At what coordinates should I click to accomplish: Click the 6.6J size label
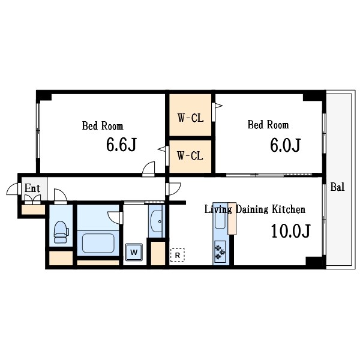click(x=121, y=145)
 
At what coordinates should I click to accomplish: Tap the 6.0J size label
click(x=285, y=145)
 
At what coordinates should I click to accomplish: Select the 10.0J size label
click(x=290, y=231)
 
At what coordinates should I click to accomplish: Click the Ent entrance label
click(x=32, y=188)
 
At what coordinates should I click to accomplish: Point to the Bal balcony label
click(x=337, y=187)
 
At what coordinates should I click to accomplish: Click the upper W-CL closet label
click(x=190, y=118)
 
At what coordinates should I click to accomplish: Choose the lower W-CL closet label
click(x=190, y=155)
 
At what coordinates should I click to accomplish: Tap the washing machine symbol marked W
click(x=134, y=252)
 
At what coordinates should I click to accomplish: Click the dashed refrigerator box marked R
click(x=177, y=255)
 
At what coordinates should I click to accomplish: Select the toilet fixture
click(x=61, y=232)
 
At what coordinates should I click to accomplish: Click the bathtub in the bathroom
click(x=98, y=243)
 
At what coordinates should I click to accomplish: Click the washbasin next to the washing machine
click(x=157, y=221)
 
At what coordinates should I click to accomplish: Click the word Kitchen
click(x=289, y=209)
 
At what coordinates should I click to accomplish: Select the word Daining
click(x=252, y=210)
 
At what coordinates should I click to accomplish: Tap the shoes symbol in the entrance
click(x=32, y=199)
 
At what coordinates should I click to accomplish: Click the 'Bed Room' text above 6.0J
click(x=268, y=125)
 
